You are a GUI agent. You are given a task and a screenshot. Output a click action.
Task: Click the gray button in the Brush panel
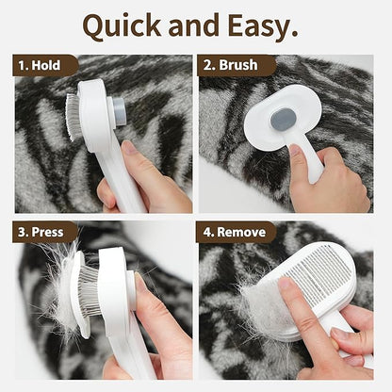(x=283, y=119)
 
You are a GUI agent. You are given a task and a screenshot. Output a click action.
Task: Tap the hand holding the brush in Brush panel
(x=325, y=184)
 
